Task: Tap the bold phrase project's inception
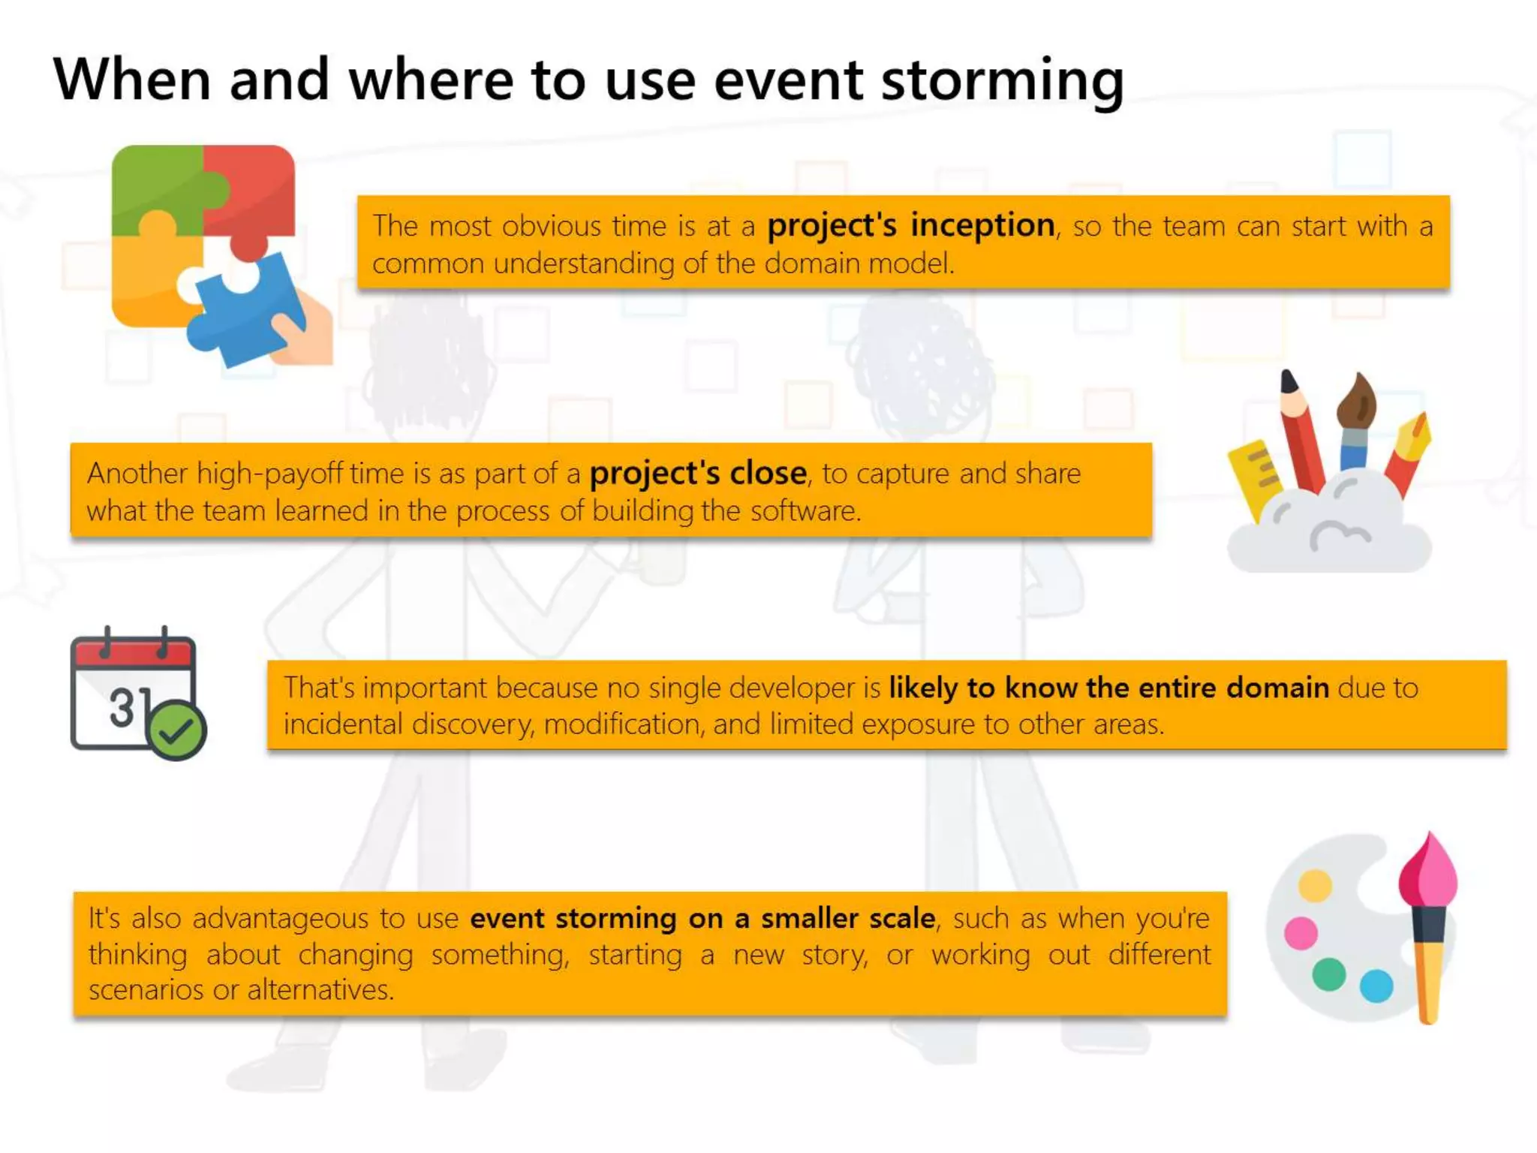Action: (910, 225)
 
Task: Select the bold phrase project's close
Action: (698, 474)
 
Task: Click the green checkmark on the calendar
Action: (177, 730)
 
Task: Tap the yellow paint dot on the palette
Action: (1315, 886)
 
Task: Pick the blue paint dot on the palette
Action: (1376, 985)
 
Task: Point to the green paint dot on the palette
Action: (1328, 974)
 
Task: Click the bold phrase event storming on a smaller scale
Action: (702, 919)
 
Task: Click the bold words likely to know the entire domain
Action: (1108, 688)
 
